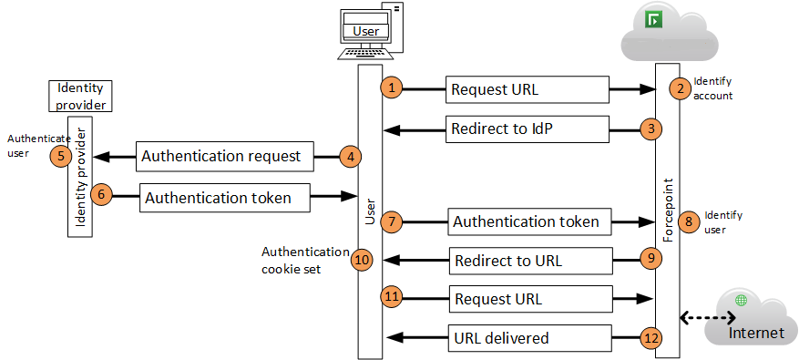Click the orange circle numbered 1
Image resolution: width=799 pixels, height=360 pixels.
(x=392, y=88)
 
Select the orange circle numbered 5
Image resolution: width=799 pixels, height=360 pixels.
(x=61, y=156)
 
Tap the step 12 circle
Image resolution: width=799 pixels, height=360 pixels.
(x=649, y=338)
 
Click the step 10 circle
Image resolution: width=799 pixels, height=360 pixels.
(x=363, y=260)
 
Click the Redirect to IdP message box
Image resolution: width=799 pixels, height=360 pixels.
(x=527, y=129)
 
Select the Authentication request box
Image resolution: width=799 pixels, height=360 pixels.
(x=224, y=156)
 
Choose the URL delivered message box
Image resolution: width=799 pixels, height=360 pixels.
(x=527, y=338)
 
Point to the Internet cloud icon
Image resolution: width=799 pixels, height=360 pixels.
(x=755, y=314)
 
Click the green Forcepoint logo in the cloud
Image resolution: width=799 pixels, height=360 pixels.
(x=652, y=19)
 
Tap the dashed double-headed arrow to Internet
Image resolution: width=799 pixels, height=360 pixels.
(x=709, y=318)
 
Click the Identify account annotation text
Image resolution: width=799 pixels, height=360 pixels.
(x=712, y=87)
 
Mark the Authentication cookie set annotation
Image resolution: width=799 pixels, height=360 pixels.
(x=305, y=260)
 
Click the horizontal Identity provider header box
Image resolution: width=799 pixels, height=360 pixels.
(x=80, y=96)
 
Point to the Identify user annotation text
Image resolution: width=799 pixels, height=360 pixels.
(x=723, y=221)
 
